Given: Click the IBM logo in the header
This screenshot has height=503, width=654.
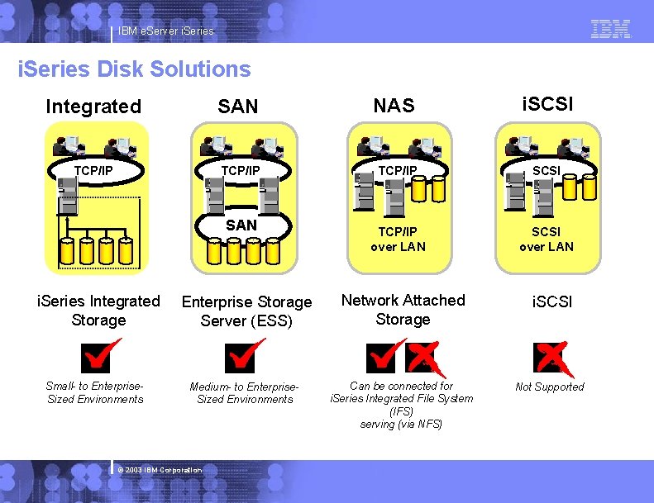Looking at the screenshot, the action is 611,29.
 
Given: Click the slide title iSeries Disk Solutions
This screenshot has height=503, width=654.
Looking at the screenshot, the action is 134,69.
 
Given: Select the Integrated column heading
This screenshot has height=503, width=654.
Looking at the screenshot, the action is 94,107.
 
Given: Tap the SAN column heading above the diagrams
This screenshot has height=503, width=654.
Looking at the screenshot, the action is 238,107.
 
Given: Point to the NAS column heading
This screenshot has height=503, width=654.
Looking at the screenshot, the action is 394,106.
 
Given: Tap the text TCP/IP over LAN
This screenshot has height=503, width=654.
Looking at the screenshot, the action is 398,240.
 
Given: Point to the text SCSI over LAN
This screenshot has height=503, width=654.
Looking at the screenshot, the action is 547,240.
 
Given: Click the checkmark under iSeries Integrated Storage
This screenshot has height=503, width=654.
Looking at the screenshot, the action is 101,355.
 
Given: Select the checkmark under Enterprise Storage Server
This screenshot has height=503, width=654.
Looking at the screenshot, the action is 244,355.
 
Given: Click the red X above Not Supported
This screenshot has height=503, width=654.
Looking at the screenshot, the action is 553,358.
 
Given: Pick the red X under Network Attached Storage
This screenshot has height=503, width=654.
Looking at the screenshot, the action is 426,358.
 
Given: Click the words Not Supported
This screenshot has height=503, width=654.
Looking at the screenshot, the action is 550,387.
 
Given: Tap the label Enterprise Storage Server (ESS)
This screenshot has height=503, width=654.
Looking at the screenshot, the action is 246,311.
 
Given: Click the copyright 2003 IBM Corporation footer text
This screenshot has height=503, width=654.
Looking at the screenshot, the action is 160,470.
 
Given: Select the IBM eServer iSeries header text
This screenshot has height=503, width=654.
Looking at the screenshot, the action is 166,31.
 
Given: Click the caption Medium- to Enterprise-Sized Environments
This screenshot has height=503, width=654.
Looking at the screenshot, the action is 245,393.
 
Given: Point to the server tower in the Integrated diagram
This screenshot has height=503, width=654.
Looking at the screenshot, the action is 67,196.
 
